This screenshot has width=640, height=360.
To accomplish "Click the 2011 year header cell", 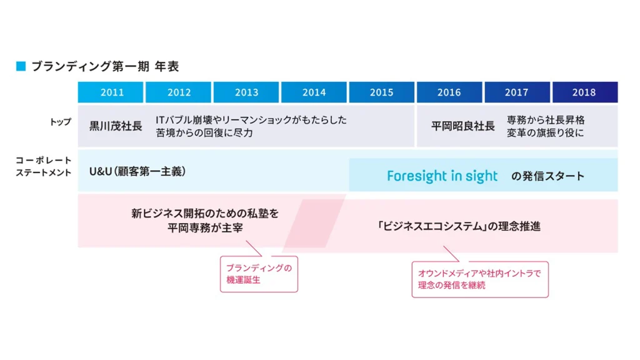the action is click(111, 92).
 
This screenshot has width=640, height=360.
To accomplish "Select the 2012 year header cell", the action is click(178, 92).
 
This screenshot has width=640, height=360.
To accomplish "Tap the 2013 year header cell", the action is click(246, 92).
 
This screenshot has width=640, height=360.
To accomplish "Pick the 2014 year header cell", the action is click(314, 92).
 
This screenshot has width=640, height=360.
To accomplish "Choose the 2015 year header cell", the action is click(382, 92).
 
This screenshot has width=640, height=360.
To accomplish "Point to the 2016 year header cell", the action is click(449, 92).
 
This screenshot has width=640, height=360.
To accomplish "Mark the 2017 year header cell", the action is click(517, 92).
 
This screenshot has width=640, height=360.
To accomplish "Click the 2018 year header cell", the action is click(585, 92).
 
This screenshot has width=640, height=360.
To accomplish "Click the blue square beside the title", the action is click(21, 66).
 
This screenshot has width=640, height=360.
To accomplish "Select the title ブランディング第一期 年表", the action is click(105, 66).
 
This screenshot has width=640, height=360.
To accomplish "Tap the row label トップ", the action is click(61, 122).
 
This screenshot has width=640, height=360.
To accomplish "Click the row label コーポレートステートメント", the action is click(44, 166).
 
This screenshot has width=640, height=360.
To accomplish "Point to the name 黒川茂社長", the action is click(116, 126).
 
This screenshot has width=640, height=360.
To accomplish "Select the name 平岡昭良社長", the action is click(463, 126).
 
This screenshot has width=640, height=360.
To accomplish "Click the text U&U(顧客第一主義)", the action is click(137, 171).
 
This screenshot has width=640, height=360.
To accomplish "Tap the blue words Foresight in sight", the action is click(442, 176).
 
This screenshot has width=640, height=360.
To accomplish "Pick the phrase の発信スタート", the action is click(547, 176).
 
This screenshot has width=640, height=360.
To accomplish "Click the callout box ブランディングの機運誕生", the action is click(259, 274).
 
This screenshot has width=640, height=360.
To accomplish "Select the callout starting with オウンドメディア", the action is click(480, 279).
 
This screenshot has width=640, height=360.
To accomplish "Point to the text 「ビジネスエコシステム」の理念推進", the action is click(459, 226).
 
